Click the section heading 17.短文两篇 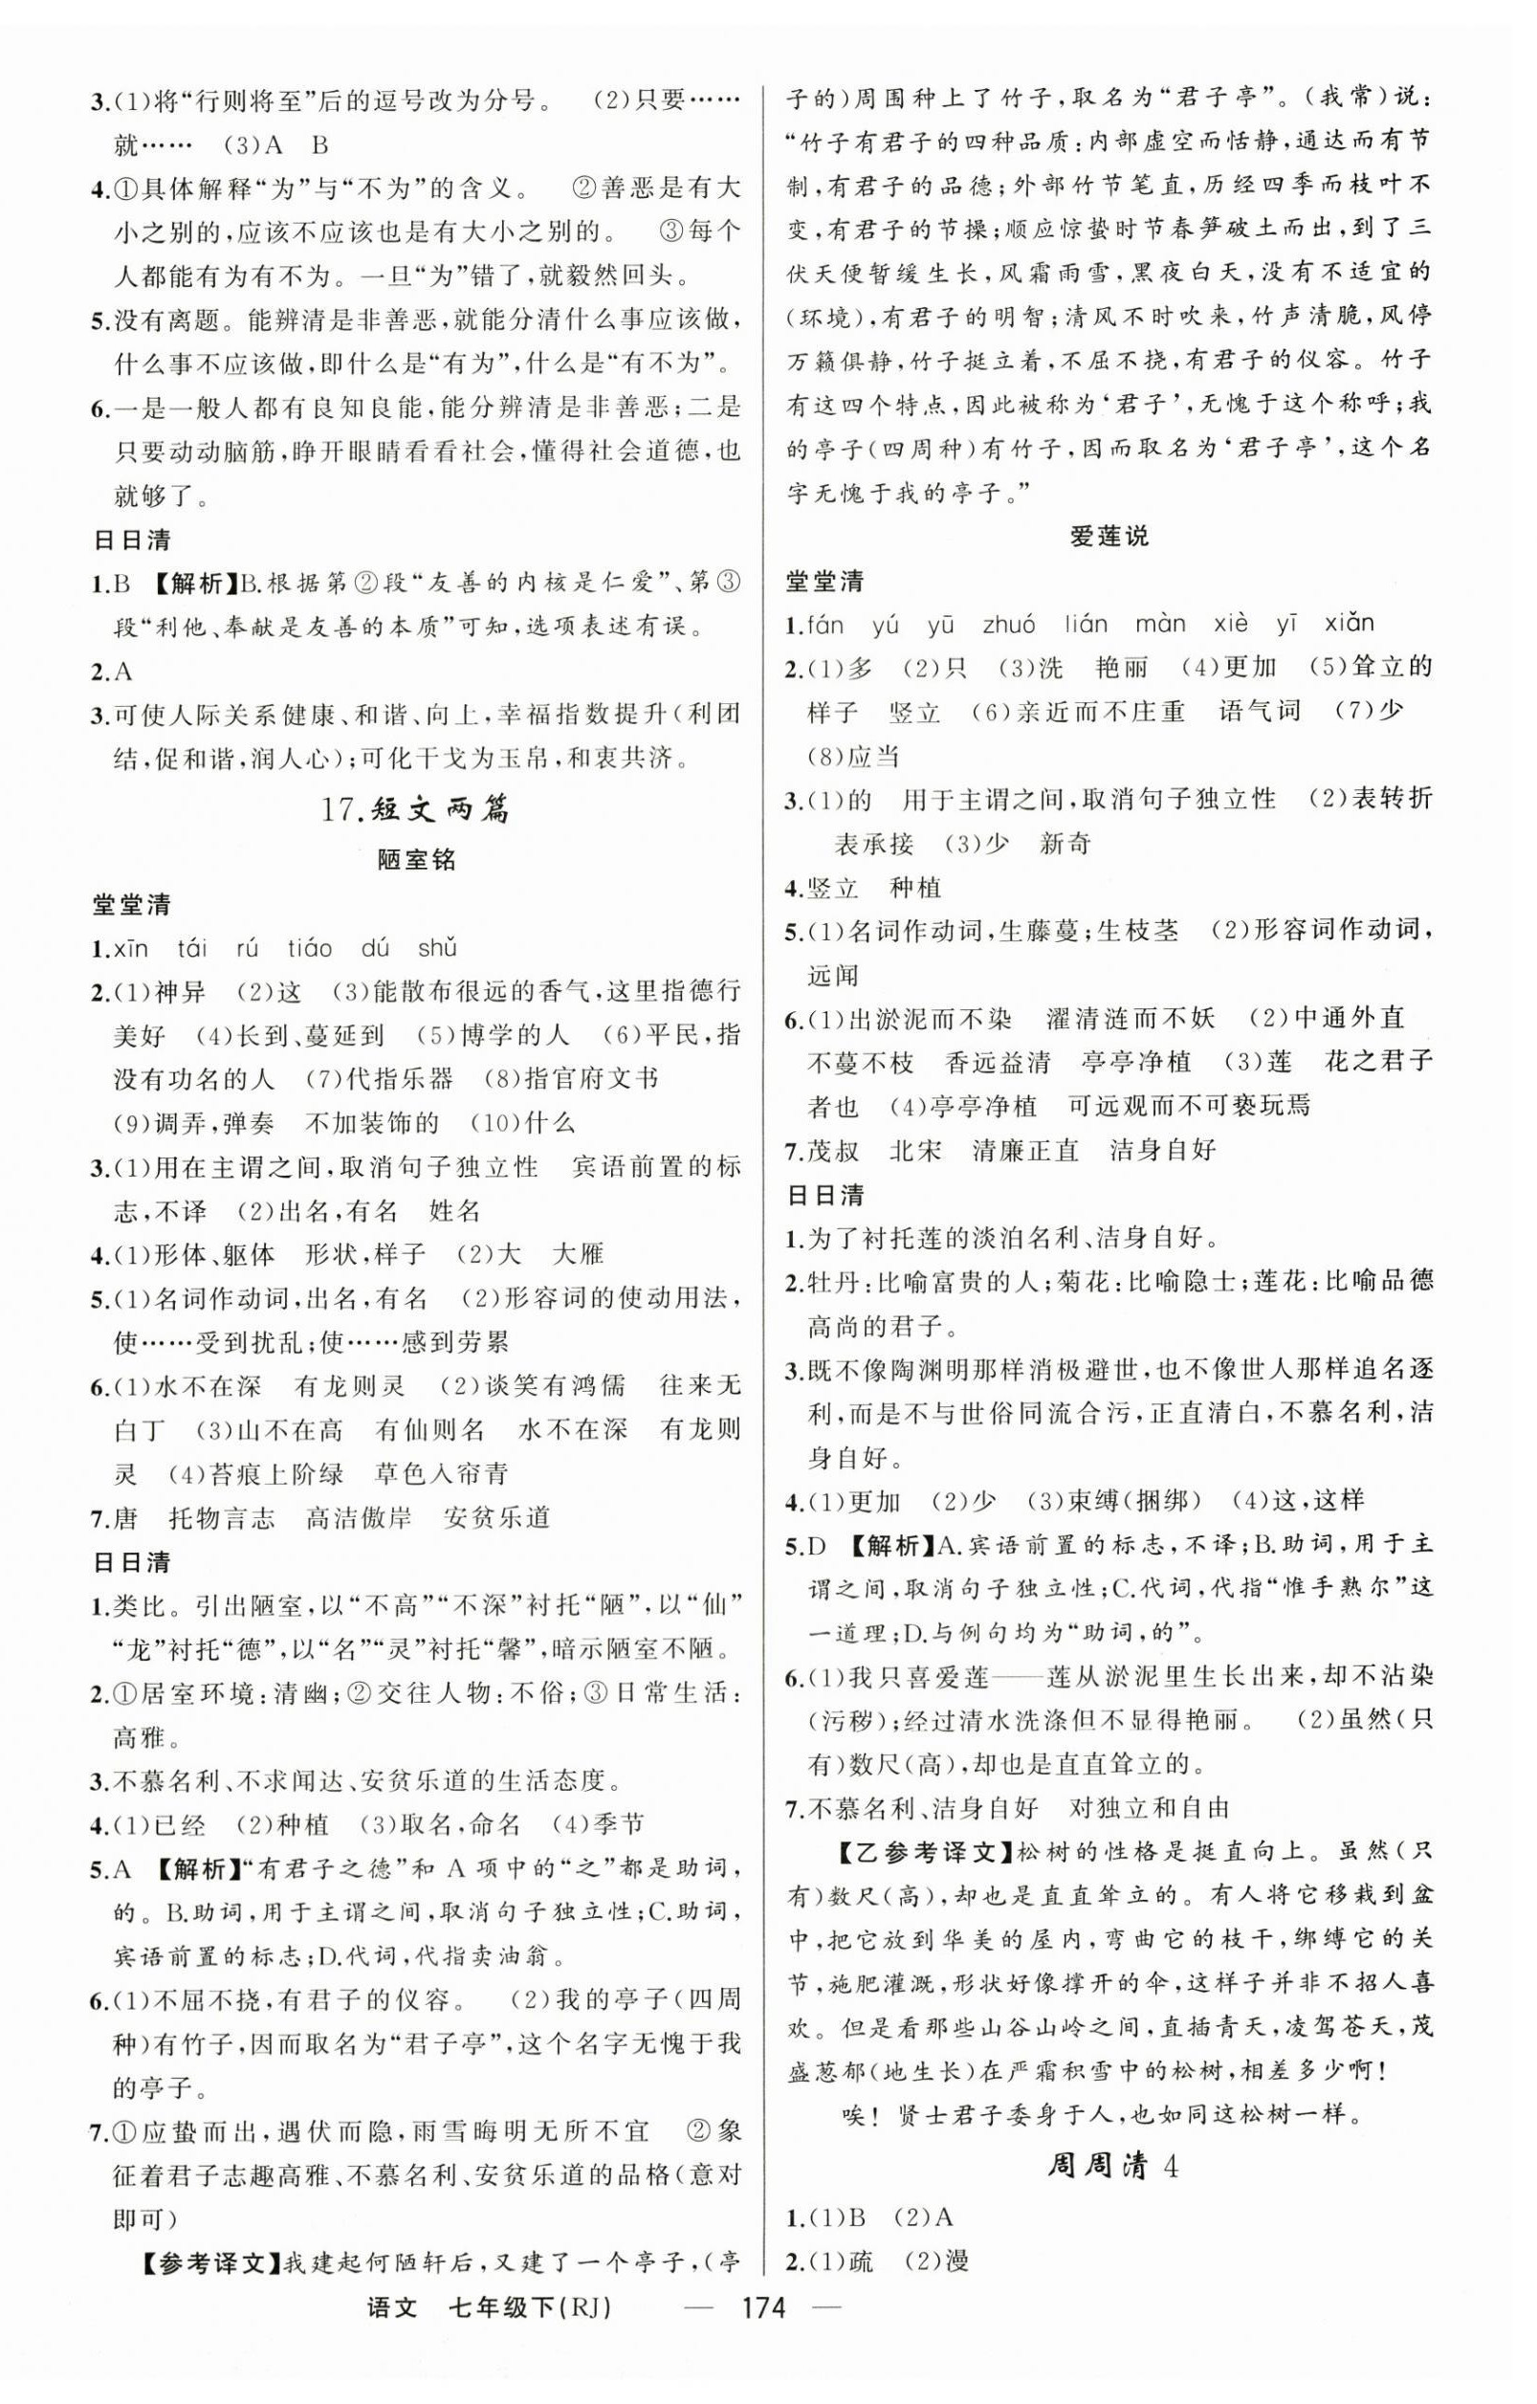[x=415, y=809]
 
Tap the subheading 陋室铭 [x=416, y=860]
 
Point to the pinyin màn [x=1160, y=624]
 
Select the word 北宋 [x=914, y=1150]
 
